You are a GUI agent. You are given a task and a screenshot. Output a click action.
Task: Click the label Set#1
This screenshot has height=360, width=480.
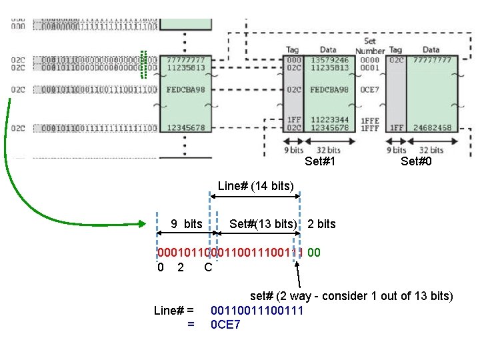coord(320,161)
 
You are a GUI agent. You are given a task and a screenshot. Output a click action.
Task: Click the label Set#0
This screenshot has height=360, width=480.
coord(416,161)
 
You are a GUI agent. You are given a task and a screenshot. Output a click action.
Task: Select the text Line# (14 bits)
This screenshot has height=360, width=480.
coord(255,186)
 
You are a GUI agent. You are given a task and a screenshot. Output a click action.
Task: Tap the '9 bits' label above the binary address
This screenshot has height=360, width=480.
coord(186,224)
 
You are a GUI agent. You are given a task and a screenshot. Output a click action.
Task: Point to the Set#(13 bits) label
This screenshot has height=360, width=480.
coord(263,224)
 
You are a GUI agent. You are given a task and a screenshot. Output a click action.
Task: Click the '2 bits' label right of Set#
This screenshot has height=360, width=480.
coord(321,224)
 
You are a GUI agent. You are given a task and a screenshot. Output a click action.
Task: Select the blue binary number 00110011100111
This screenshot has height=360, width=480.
coord(257,311)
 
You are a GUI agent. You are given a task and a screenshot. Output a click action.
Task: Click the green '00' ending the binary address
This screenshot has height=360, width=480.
coord(314,253)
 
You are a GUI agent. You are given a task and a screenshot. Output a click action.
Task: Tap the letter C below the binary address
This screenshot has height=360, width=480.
coord(208,267)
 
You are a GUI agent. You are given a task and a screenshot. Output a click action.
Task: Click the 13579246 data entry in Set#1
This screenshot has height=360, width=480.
coord(329,59)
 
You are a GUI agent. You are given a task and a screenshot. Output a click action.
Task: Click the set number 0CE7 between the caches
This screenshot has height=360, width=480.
coord(369,89)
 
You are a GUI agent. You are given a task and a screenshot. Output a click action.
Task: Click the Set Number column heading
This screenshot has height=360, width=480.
coord(370,45)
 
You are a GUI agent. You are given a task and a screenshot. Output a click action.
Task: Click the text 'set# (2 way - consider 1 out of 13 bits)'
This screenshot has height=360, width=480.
coord(351,296)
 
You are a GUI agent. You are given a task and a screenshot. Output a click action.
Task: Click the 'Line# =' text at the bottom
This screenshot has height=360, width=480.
coord(173,311)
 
